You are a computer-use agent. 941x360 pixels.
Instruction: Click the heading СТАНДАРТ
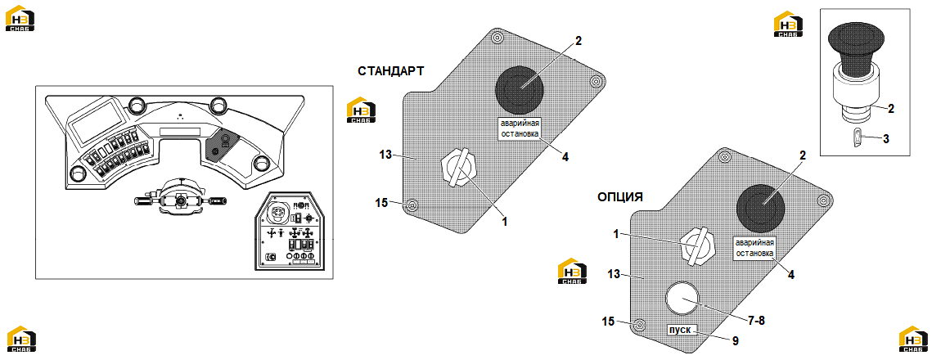[x=391, y=71]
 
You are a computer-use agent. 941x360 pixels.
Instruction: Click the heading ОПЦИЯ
[x=620, y=197]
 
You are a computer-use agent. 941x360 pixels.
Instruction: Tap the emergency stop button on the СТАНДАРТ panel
[x=519, y=88]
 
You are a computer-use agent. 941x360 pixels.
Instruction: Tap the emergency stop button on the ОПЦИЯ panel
[x=761, y=208]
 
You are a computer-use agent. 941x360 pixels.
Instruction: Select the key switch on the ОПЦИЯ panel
[x=697, y=246]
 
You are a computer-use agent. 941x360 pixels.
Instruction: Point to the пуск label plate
[x=682, y=330]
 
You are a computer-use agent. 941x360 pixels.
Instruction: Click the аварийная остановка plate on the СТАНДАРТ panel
[x=520, y=129]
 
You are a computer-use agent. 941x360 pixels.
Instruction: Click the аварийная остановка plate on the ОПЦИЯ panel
[x=755, y=249]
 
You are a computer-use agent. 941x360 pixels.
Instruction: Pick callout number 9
[x=735, y=341]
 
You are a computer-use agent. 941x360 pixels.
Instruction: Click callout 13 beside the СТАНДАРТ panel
[x=385, y=155]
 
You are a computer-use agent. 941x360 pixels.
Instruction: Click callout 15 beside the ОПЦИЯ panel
[x=608, y=322]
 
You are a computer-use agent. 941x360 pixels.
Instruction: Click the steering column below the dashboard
[x=180, y=195]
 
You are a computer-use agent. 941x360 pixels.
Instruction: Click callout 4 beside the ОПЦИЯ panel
[x=791, y=275]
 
